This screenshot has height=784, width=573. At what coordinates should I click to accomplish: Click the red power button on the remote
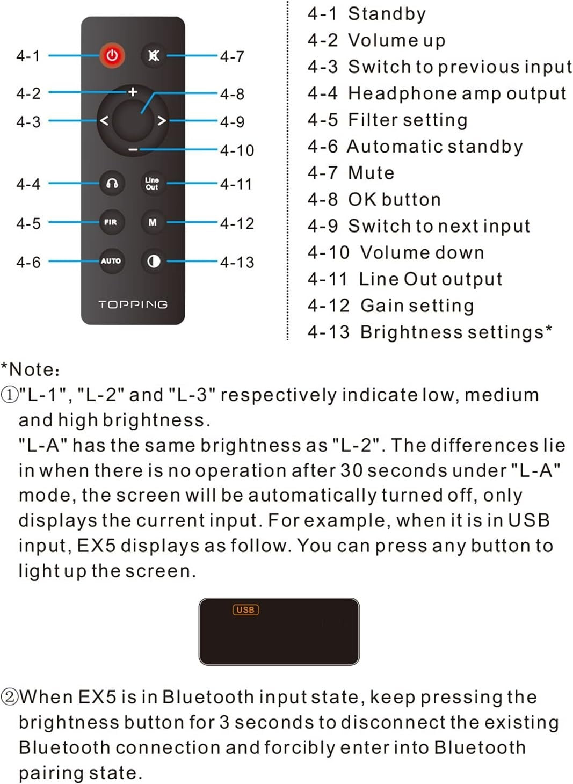coord(112,55)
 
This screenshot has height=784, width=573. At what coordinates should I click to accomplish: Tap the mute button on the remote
coord(153,55)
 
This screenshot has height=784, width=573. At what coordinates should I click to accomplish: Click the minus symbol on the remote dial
coord(133,150)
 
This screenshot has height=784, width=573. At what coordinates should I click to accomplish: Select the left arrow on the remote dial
coord(104,121)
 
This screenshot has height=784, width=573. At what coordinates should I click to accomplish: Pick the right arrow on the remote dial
coord(161,121)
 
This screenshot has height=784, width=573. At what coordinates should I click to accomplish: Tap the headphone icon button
coord(112,183)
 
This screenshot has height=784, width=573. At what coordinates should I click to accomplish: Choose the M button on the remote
coord(153,222)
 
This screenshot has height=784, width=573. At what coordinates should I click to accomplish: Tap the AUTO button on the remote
coord(112,261)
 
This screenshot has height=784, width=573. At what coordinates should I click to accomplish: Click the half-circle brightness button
coord(153,261)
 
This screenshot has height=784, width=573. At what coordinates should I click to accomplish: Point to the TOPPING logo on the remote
coord(133,304)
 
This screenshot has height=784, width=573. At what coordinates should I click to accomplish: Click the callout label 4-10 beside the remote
coord(237,150)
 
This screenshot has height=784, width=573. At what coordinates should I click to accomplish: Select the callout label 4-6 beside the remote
coord(28,262)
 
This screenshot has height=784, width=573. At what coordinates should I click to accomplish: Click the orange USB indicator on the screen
coord(246,609)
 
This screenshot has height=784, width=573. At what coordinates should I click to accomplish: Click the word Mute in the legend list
coord(372,173)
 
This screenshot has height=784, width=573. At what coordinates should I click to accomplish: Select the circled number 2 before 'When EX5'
coord(10,697)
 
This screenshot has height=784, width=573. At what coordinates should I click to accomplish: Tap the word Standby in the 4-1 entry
coord(387,14)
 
